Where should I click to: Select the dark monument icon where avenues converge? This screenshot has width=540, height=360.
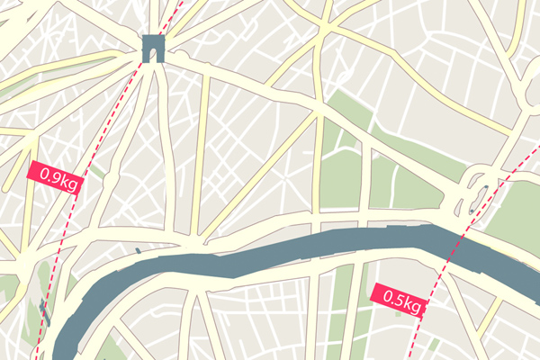tap(154, 48)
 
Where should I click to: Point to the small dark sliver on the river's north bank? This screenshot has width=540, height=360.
tap(138, 250)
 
